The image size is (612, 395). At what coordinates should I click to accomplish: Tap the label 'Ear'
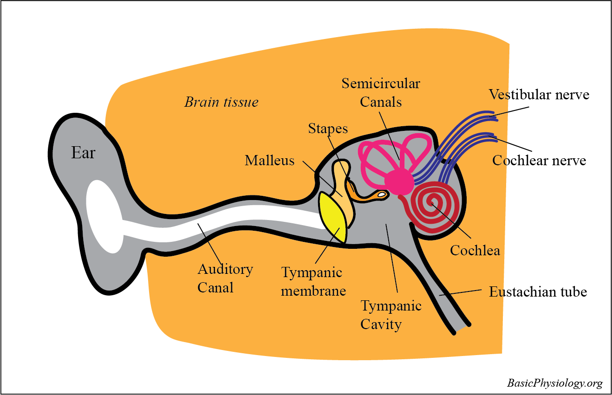click(83, 153)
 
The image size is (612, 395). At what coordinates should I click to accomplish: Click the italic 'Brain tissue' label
click(221, 102)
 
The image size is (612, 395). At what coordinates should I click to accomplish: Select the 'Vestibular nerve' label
click(539, 95)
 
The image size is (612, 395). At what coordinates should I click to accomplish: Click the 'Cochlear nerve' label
click(539, 161)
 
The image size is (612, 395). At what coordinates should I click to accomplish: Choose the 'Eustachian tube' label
click(538, 292)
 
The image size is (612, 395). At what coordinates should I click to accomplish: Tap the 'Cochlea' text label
click(475, 251)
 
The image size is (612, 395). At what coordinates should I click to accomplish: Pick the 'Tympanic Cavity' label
click(391, 315)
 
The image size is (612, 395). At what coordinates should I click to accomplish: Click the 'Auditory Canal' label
click(225, 278)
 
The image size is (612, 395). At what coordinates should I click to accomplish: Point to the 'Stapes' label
click(328, 128)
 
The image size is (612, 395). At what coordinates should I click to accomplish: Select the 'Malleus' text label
click(270, 161)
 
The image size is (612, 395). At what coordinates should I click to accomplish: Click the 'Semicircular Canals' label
click(381, 92)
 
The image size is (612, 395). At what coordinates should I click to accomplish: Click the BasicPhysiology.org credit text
click(554, 383)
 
